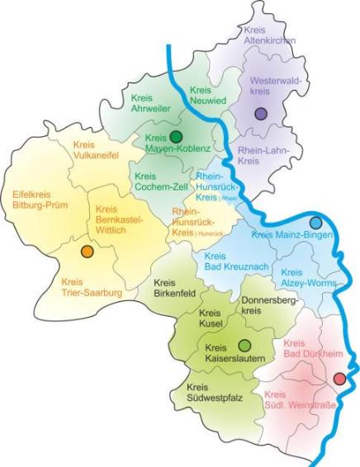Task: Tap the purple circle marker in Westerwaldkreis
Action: pos(261,114)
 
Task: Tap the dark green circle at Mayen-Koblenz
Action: pos(176,137)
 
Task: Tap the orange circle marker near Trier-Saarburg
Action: pos(87,251)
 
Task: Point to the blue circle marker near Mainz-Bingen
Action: pos(315,223)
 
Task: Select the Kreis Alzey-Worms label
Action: pos(306,278)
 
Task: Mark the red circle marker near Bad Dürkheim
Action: pos(339,379)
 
